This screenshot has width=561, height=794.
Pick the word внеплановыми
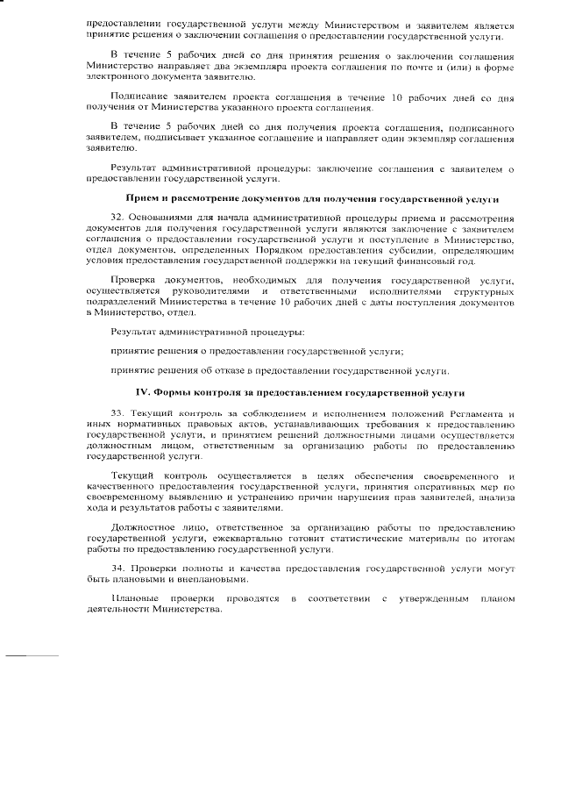tap(210, 581)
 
